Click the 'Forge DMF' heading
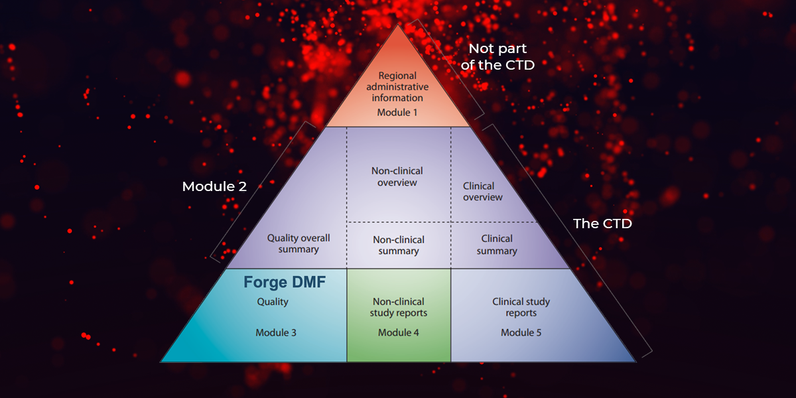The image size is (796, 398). point(285,282)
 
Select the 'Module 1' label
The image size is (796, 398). point(397,113)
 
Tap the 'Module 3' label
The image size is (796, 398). point(276,332)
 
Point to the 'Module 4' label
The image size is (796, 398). point(399,332)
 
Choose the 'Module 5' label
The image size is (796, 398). point(521,332)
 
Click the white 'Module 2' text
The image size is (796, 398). point(214,186)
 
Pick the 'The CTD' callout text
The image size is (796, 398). point(602,224)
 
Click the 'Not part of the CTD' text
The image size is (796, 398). point(497,57)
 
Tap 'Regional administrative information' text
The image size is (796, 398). point(397,87)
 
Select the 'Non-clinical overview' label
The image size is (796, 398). point(397,176)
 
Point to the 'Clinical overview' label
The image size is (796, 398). point(483,192)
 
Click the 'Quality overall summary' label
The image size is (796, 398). point(298,243)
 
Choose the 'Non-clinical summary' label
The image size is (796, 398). point(399,245)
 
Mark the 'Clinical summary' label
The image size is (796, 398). point(497,245)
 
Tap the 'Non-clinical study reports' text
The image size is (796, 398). point(399,307)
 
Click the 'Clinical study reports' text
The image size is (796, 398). point(521,307)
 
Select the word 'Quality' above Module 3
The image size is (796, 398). point(273,302)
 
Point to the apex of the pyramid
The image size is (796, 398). point(398,24)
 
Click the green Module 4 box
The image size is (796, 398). point(399,315)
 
